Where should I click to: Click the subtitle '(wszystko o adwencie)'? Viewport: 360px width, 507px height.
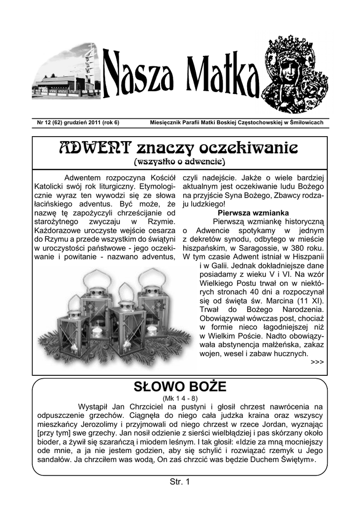180,162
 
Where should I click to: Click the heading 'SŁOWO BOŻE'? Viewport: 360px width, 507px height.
180,386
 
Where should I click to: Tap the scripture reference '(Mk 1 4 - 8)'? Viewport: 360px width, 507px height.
180,398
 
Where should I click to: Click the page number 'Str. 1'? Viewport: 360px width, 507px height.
180,481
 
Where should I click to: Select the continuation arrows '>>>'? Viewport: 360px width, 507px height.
317,362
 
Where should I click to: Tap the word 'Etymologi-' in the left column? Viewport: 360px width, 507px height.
154,186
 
